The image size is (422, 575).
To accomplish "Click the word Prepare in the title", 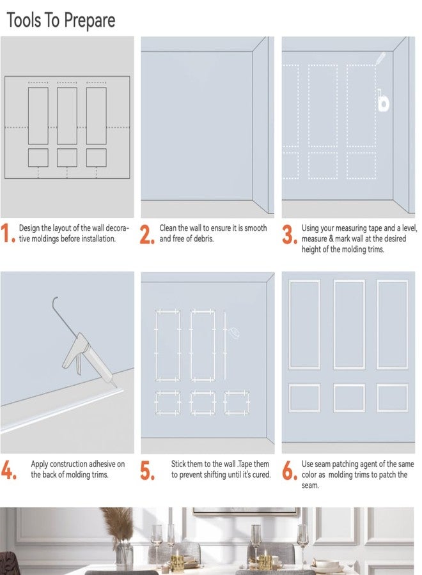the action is pos(88,20).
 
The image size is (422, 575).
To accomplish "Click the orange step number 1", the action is pos(7,233).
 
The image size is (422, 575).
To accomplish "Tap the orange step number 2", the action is pos(147,234).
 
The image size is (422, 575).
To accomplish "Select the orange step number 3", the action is pos(290,234).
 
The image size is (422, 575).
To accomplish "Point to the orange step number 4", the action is pos(8,470).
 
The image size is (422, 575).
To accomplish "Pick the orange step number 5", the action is pos(147,470).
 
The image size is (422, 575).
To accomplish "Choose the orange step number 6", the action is pos(290,470).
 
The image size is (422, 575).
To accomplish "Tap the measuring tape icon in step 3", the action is pos(383,100).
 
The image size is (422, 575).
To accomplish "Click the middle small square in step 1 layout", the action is pos(67,158).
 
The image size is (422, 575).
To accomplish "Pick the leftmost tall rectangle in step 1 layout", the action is pos(38,116).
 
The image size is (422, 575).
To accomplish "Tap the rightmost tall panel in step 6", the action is pos(392,325).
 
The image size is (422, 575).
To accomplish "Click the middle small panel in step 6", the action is pos(349,398).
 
